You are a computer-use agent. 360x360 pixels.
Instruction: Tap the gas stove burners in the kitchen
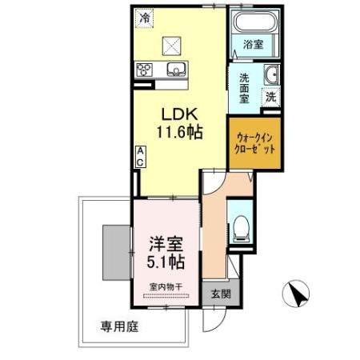coord(145,69)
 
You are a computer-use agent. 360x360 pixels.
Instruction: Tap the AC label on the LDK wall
coord(139,157)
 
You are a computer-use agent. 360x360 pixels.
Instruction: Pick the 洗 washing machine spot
coord(271,96)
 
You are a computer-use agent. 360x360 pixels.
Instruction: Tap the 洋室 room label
coord(167,244)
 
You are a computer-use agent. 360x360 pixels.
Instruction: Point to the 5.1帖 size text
coord(167,261)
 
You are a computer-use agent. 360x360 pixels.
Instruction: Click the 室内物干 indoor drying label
coord(166,286)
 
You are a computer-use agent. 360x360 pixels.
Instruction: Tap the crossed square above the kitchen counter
coord(172,45)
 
